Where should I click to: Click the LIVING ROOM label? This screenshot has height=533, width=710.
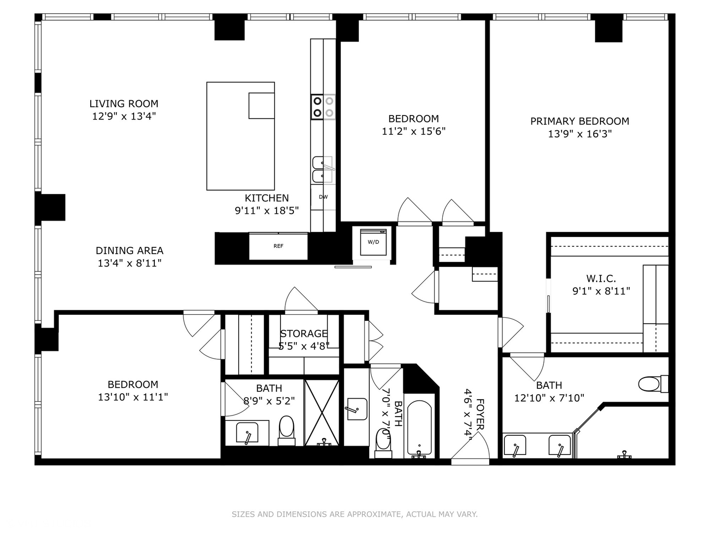point(124,104)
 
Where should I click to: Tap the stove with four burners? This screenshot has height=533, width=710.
point(323,107)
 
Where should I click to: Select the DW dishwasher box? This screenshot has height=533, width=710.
point(323,197)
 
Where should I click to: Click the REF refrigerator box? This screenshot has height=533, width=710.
point(279,246)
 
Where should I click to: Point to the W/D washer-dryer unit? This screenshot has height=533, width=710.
point(373,242)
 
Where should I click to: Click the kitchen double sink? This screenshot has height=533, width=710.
point(323,169)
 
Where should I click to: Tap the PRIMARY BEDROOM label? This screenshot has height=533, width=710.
point(579,121)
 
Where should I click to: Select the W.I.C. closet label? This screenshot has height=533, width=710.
point(601,278)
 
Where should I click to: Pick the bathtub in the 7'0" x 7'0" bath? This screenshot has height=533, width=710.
point(419,428)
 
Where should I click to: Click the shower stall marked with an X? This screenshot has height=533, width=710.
point(322,412)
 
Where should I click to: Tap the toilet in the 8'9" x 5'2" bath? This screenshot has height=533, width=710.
point(286,427)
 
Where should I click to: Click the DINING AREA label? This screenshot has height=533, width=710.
point(129,251)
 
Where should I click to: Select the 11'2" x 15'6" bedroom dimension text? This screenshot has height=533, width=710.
point(413,131)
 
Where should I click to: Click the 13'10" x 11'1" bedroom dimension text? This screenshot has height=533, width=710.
point(133,397)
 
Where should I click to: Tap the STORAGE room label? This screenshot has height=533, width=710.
point(304,334)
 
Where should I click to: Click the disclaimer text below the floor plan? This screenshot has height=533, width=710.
point(355,514)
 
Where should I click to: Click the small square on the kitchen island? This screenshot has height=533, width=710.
point(261,106)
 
